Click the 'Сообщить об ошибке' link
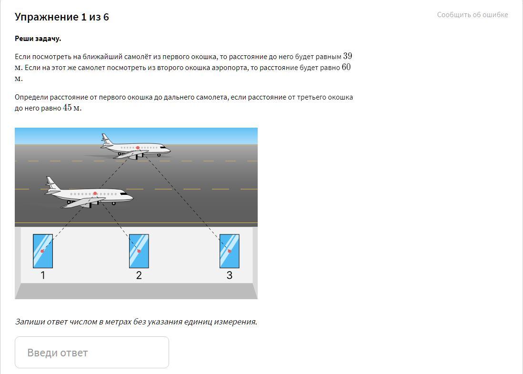tap(473, 15)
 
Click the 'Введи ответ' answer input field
tap(92, 352)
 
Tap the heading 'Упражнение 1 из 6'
tap(62, 17)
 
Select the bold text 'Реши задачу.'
tap(38, 39)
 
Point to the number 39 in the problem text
tap(348, 56)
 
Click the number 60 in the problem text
tap(346, 67)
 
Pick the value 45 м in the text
tap(72, 108)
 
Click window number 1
tap(43, 251)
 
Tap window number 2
tap(139, 251)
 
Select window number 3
tap(230, 251)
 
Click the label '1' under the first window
tap(43, 275)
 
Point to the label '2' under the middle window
tap(139, 275)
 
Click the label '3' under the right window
tap(230, 275)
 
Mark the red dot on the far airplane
tap(138, 148)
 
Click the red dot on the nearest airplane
tap(95, 193)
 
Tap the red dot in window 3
tap(230, 251)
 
